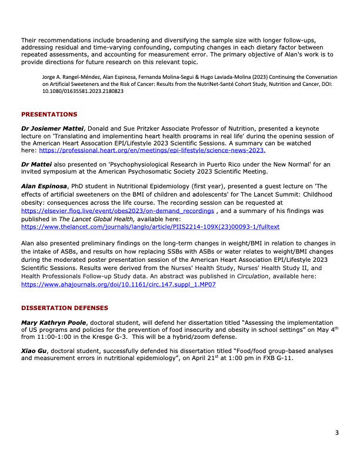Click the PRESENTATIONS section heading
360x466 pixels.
click(x=49, y=114)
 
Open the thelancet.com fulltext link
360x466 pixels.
click(x=150, y=226)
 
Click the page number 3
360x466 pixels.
click(x=337, y=434)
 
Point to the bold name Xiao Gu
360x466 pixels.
click(x=34, y=351)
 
